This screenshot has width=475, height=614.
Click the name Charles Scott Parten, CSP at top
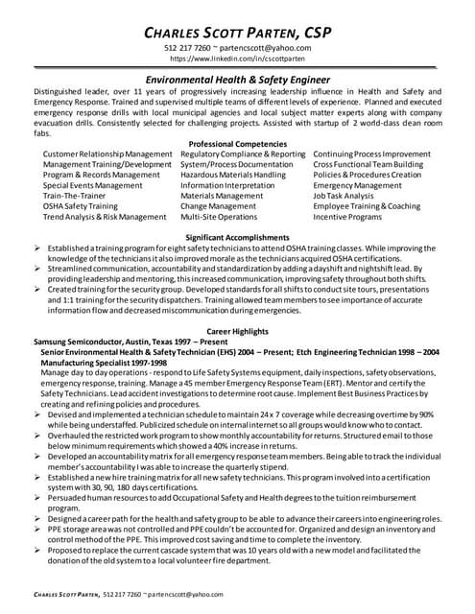coord(236,32)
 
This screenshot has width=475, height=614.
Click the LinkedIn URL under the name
coord(237,59)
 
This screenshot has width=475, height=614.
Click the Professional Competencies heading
coord(236,143)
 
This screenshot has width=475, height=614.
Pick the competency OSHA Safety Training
coord(81,206)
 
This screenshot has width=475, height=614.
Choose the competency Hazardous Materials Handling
coord(232,175)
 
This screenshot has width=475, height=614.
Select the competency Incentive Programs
coord(346,217)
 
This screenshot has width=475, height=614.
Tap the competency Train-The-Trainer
coord(77,196)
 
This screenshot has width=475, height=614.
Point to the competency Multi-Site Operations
coord(219,217)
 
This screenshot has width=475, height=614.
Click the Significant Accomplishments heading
coord(236,236)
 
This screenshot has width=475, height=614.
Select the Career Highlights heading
coord(236,330)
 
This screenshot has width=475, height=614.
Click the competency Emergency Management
coord(358,185)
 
